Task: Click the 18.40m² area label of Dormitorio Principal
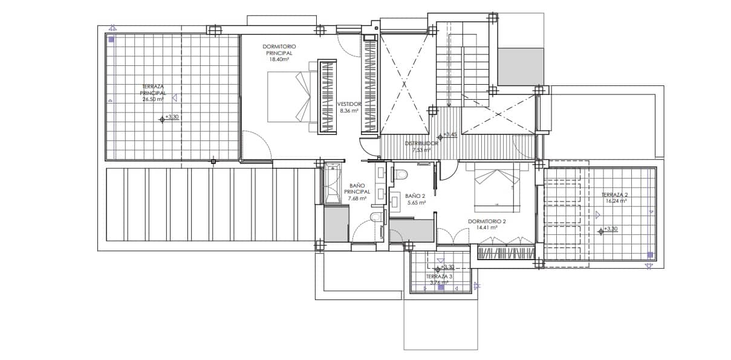click(x=279, y=59)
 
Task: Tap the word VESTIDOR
click(x=349, y=103)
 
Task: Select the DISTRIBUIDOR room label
click(x=421, y=143)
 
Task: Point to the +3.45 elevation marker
click(x=450, y=135)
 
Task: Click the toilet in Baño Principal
click(x=375, y=217)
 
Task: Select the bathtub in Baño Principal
click(x=332, y=182)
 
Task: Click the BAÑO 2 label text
click(x=415, y=196)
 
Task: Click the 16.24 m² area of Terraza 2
click(x=614, y=201)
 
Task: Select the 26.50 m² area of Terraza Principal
click(x=153, y=99)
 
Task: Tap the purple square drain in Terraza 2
click(x=650, y=255)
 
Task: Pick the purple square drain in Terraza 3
click(x=441, y=288)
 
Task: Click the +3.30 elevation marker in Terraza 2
click(x=609, y=230)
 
